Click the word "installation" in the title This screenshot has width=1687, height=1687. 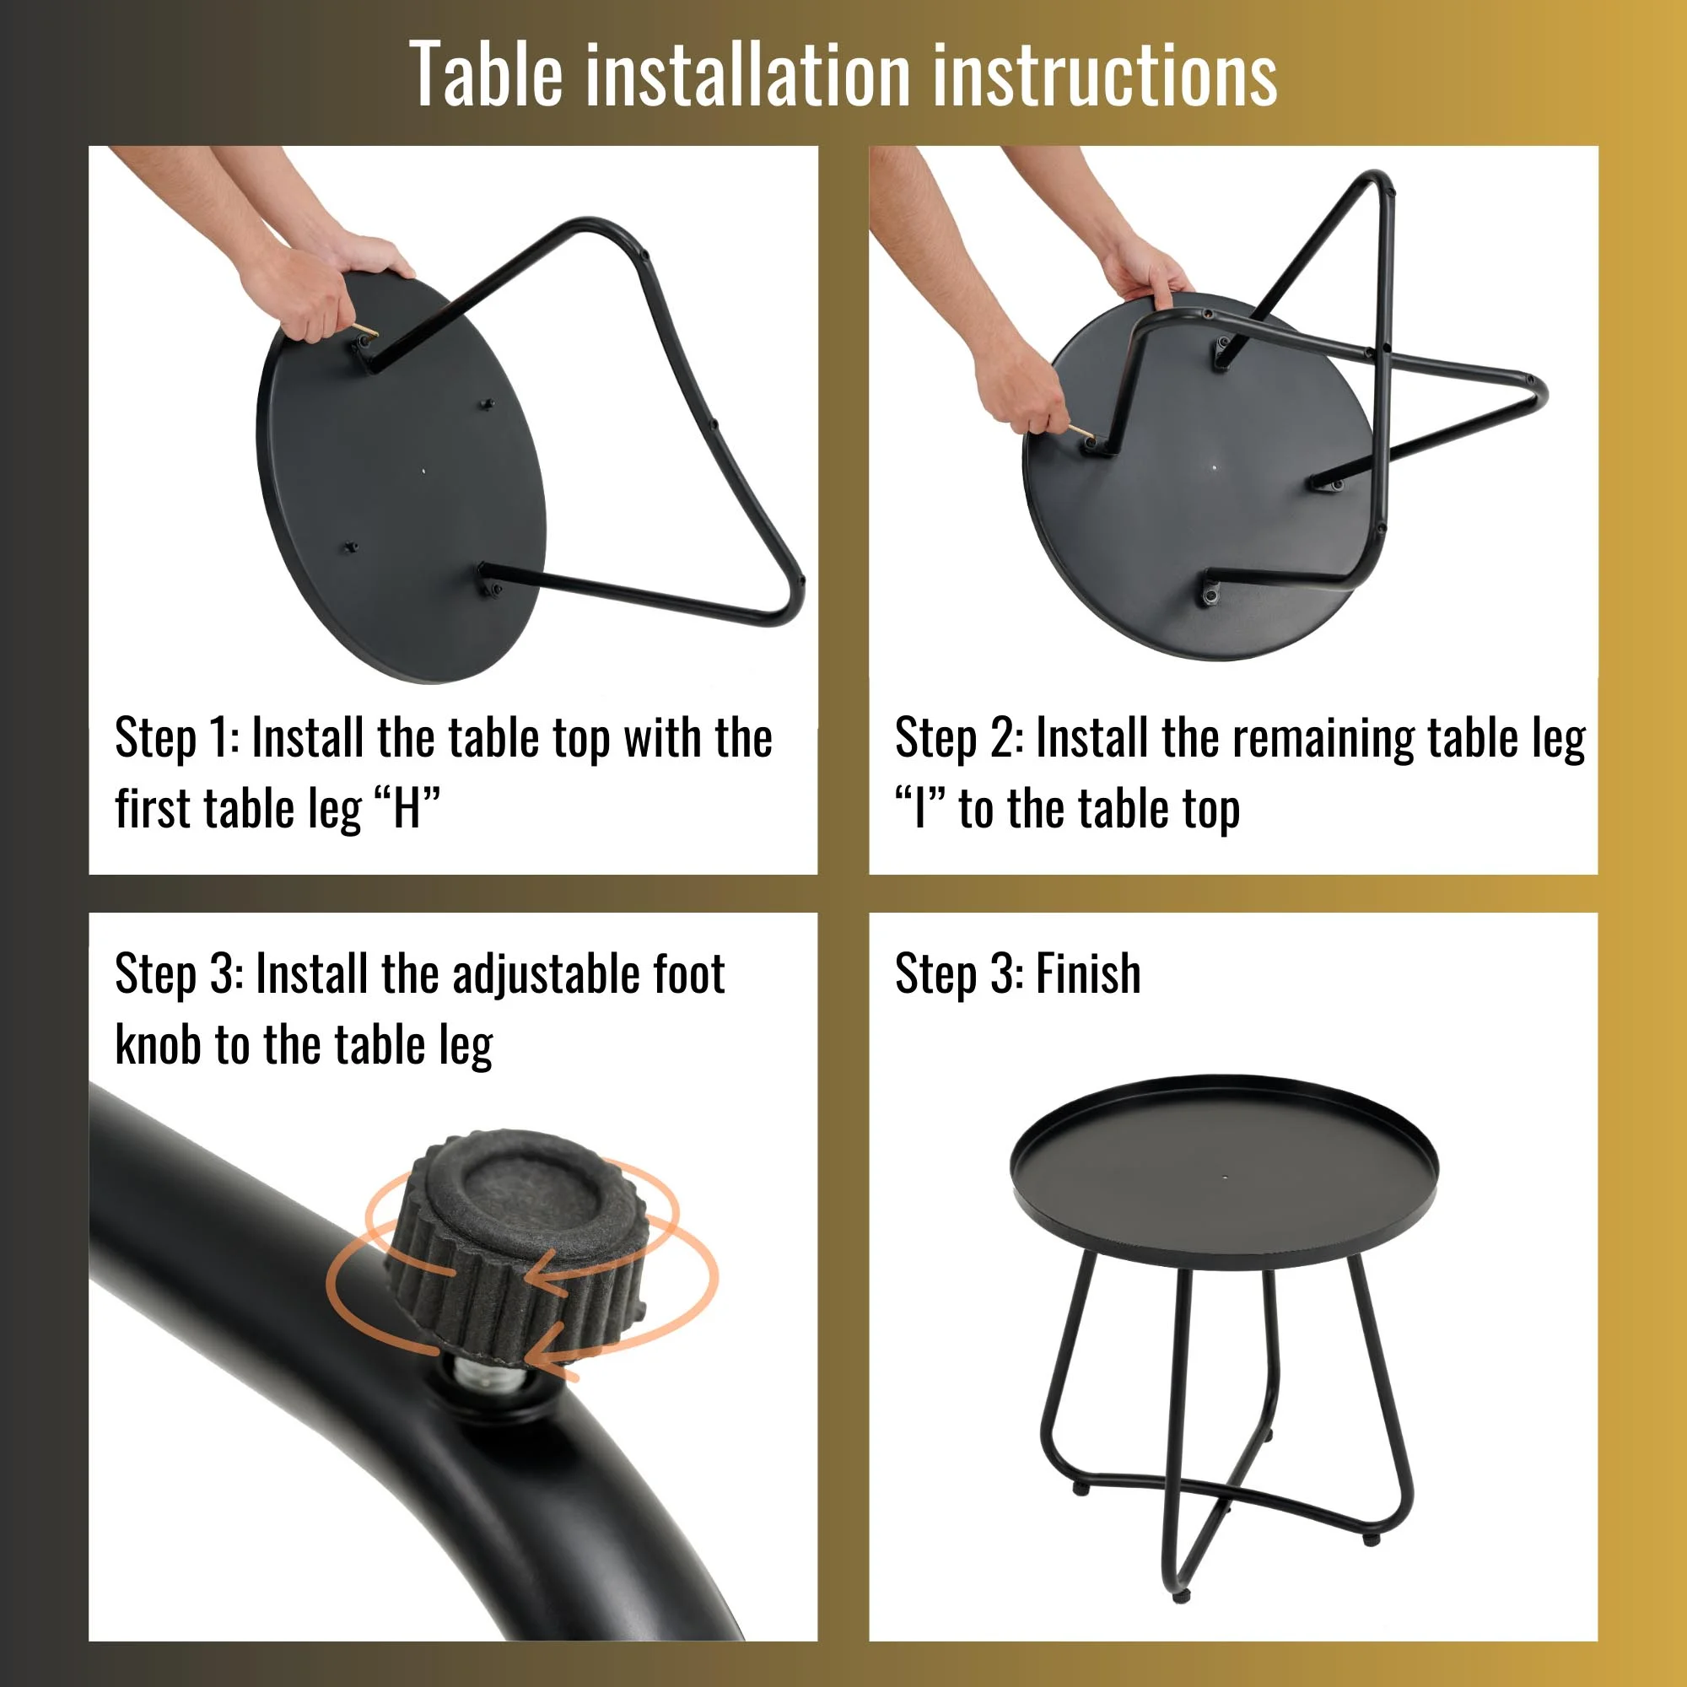pyautogui.click(x=748, y=75)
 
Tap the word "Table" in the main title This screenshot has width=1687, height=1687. pyautogui.click(x=486, y=75)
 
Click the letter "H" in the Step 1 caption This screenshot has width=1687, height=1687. pyautogui.click(x=407, y=809)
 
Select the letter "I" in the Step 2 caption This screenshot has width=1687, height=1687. pyautogui.click(x=919, y=809)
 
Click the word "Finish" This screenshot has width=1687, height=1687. pyautogui.click(x=1088, y=973)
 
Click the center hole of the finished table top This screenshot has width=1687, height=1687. pyautogui.click(x=1225, y=1177)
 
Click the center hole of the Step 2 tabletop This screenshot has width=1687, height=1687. pyautogui.click(x=1215, y=466)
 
